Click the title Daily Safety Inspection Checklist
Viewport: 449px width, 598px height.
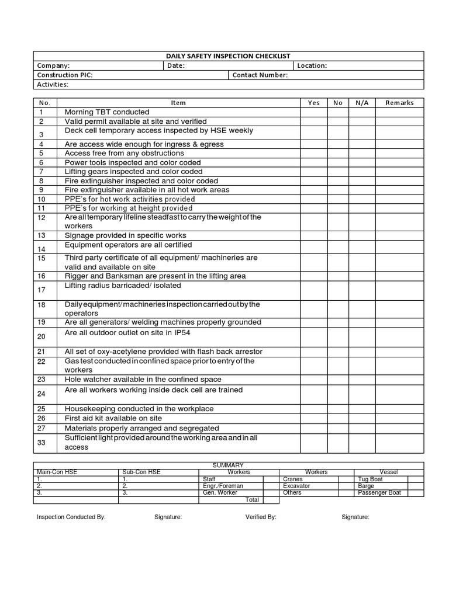[x=228, y=56]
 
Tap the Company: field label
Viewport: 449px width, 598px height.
[x=53, y=66]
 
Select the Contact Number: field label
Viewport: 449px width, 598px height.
[x=260, y=75]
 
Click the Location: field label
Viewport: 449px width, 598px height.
[x=312, y=66]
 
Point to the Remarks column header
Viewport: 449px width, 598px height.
[x=399, y=103]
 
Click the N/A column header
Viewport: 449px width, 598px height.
[x=362, y=103]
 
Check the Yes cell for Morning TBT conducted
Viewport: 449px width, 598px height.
[x=313, y=112]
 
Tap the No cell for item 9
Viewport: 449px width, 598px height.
[x=337, y=190]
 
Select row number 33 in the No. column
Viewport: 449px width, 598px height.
[x=42, y=443]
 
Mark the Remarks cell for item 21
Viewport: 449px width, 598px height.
[x=399, y=352]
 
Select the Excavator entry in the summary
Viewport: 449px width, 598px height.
[x=296, y=486]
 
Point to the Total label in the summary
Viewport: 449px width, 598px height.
[x=252, y=500]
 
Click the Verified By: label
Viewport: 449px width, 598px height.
[x=261, y=517]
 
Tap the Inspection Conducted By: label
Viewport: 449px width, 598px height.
[x=71, y=517]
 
